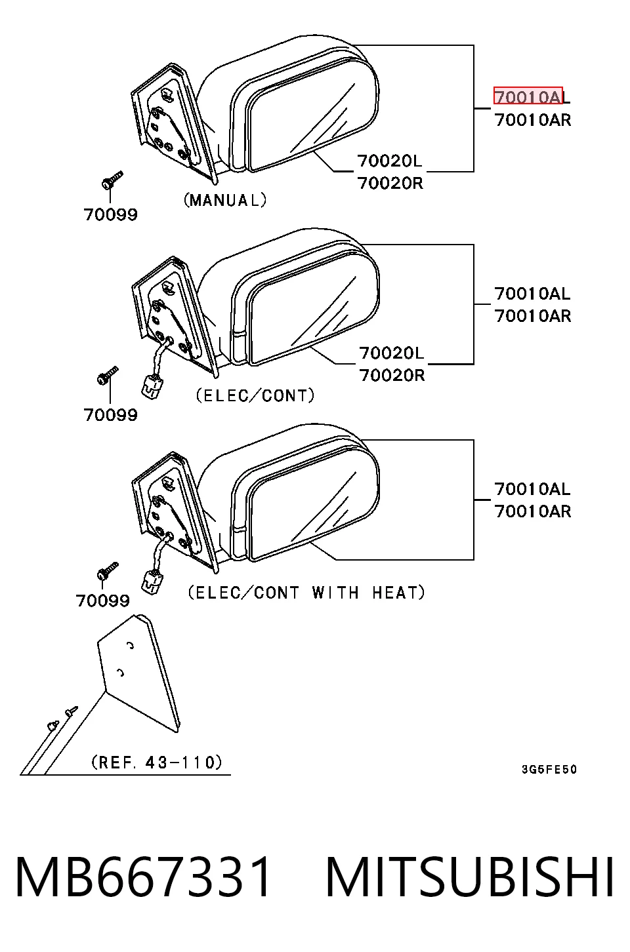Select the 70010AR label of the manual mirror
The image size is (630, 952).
pos(533,120)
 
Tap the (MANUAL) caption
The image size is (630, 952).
pos(225,200)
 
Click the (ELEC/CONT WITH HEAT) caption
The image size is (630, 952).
pos(306,593)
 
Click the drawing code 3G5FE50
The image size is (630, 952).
pos(549,769)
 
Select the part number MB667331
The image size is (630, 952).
pos(143,877)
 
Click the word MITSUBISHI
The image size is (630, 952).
pos(470,877)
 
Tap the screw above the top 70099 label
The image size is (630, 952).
pos(112,180)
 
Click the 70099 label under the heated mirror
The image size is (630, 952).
pos(102,601)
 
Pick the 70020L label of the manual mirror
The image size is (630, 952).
pos(389,161)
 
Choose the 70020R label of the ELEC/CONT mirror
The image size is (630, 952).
pos(392,375)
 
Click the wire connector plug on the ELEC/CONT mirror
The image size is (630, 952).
pos(152,386)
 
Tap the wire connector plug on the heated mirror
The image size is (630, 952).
pos(152,582)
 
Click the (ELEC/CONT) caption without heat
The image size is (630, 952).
pos(255,395)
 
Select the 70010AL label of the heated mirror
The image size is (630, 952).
pos(532,488)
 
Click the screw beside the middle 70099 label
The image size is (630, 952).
pos(108,376)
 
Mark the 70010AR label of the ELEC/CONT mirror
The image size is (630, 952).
pos(533,316)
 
